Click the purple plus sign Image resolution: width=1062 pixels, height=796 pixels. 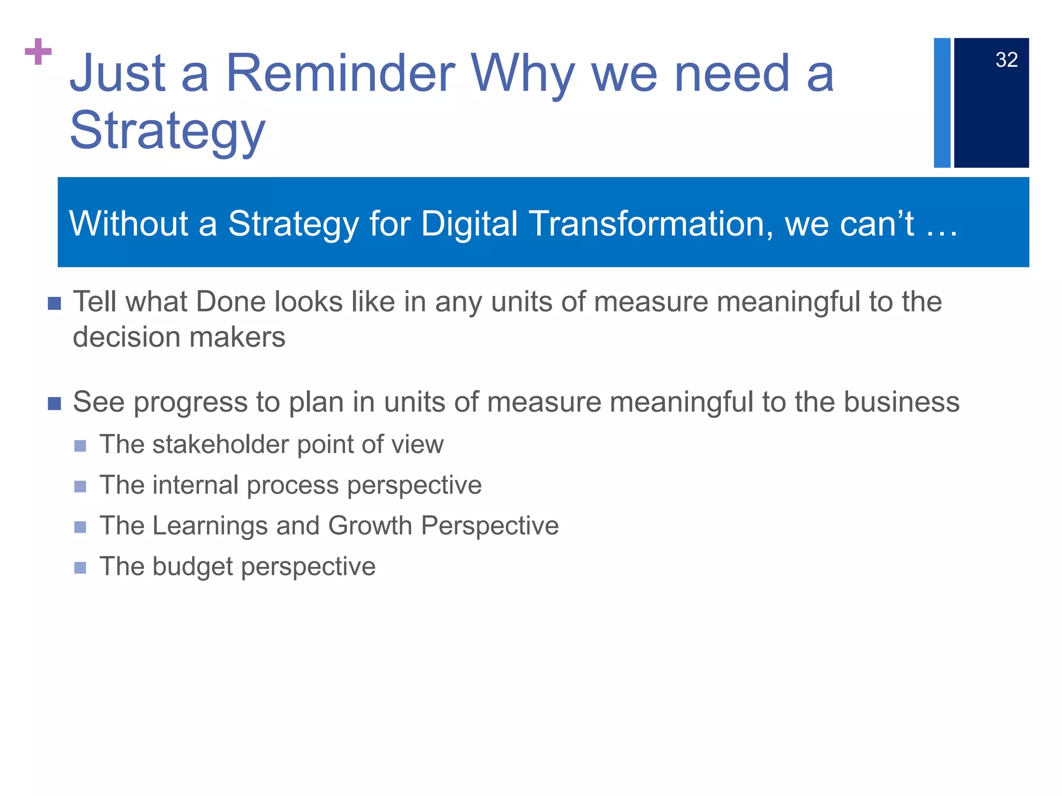[38, 51]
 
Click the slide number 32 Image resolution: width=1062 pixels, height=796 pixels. [1006, 60]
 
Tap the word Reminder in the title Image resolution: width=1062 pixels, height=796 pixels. [340, 74]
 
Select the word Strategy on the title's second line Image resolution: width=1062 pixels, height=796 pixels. [167, 131]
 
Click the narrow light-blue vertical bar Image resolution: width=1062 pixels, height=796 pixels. [942, 103]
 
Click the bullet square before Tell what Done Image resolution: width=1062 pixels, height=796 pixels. [54, 303]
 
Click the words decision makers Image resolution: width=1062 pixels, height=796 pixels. [179, 337]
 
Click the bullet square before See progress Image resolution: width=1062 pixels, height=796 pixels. [54, 403]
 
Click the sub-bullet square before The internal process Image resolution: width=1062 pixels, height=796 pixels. [80, 487]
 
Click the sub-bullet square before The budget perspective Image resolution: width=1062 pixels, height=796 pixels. [80, 568]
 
